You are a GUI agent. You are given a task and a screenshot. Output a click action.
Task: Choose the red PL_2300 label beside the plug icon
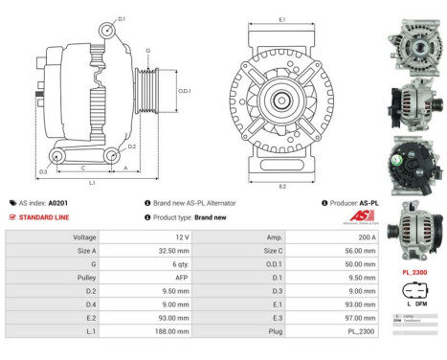414,272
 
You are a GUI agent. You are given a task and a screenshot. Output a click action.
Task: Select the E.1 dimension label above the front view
280,20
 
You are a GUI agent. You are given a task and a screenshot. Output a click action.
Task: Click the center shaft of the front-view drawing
280,100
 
